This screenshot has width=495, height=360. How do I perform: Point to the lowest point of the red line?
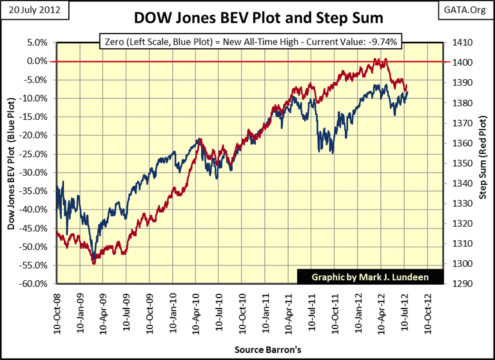pos(93,263)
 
